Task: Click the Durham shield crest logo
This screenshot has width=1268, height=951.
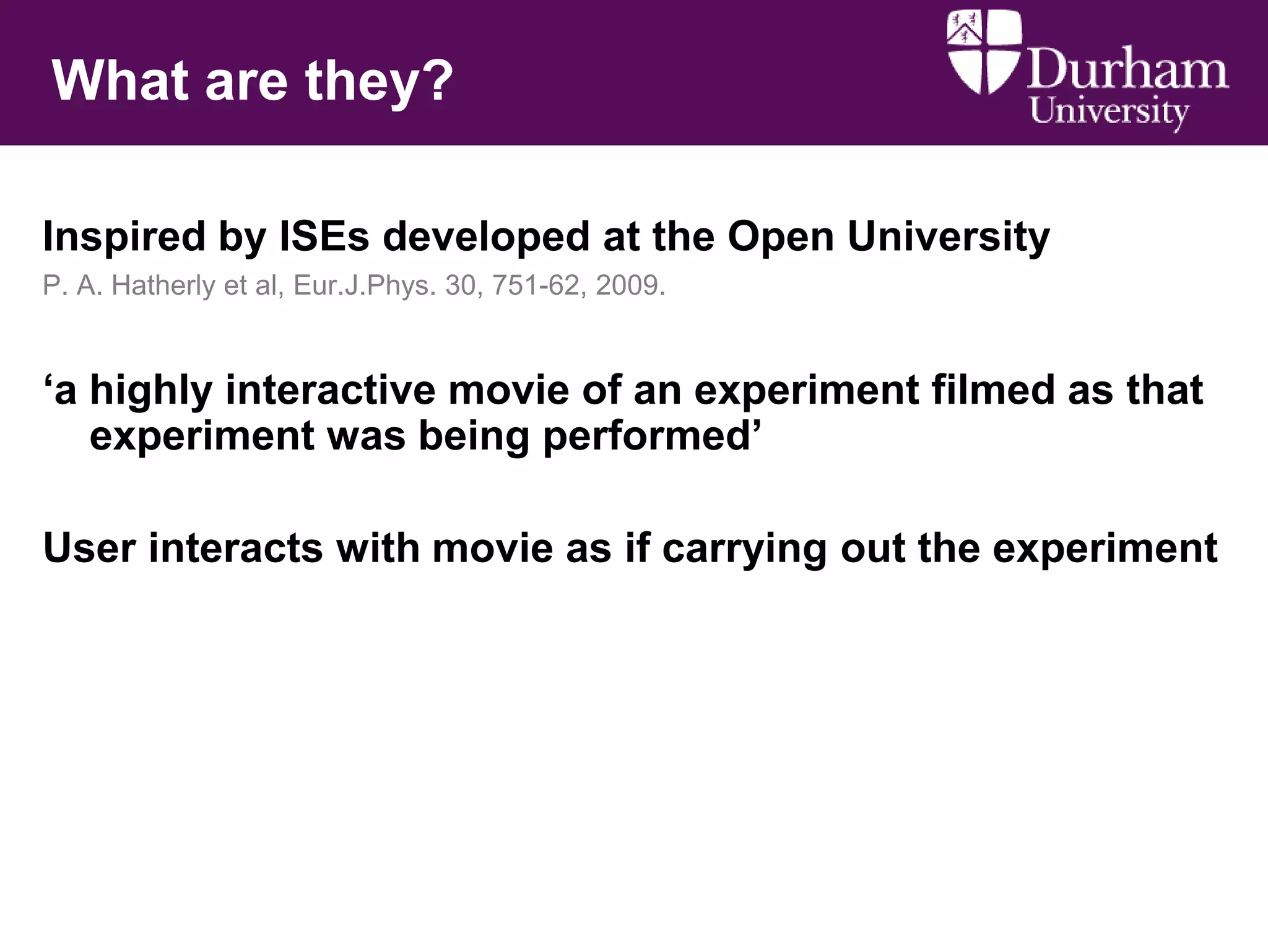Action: (983, 52)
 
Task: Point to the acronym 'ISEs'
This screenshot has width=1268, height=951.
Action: (324, 237)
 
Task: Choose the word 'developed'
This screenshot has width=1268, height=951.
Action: (486, 238)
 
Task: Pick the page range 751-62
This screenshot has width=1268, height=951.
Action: (536, 285)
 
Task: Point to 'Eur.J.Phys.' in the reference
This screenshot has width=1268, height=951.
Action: (365, 286)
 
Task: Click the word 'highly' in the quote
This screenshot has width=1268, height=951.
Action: (151, 391)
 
